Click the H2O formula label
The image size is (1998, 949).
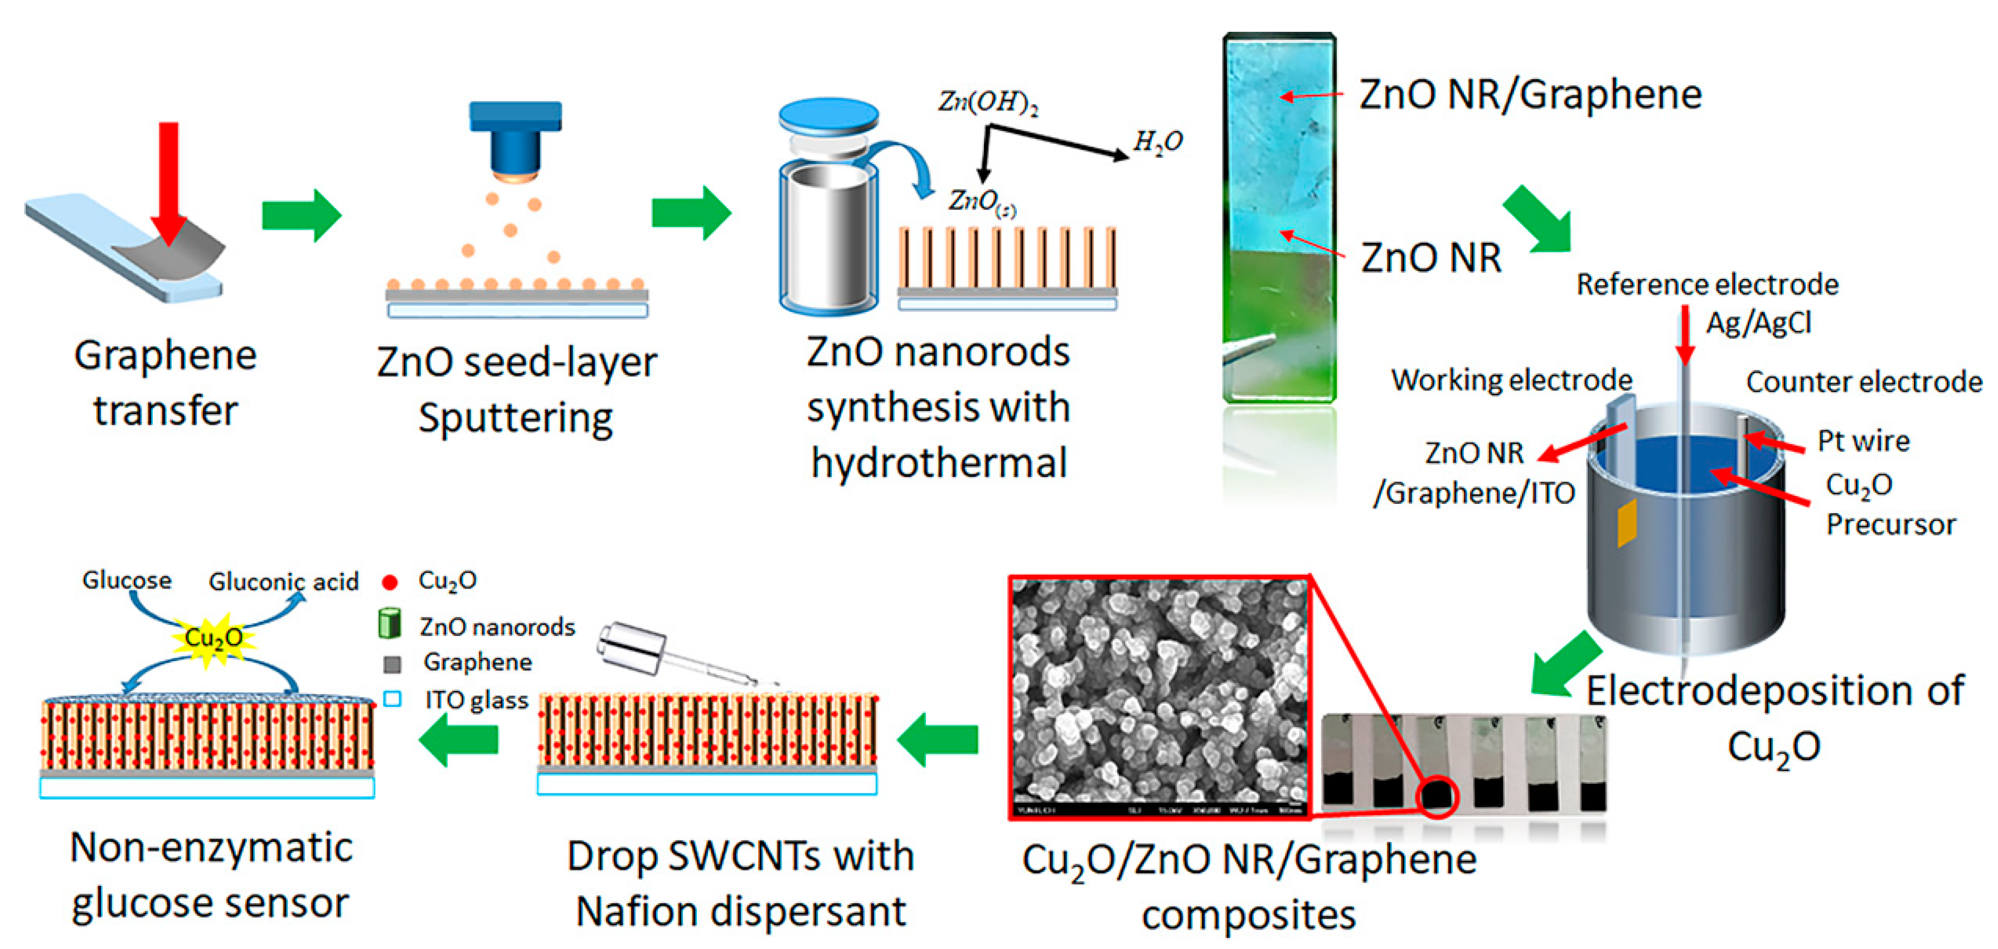(1157, 142)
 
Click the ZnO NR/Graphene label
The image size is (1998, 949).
(1530, 95)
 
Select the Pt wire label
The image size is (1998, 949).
(1863, 441)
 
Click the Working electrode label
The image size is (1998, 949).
(1511, 380)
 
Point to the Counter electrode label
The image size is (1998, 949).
(1863, 382)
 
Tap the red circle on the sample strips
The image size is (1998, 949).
(1437, 796)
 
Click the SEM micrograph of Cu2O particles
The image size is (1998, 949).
(1160, 695)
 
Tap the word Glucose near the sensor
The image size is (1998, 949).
(127, 580)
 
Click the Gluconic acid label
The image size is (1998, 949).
(283, 582)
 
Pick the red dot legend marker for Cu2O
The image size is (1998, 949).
(390, 582)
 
